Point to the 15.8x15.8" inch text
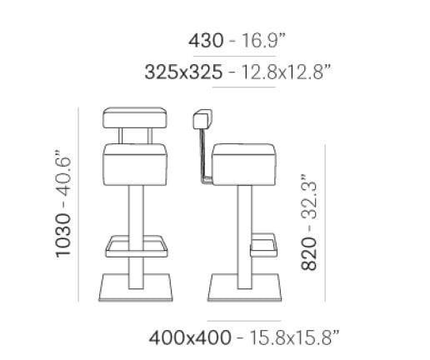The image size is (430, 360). click(287, 337)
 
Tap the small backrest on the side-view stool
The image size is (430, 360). click(200, 119)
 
